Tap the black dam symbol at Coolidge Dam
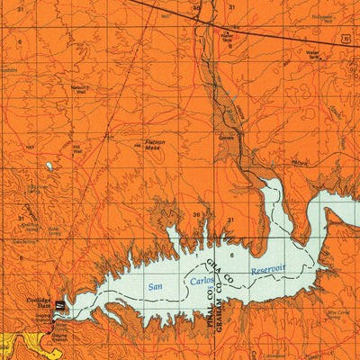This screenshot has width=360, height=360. coord(58,306)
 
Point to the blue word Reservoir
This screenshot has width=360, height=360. coord(267,268)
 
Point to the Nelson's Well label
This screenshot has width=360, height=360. coord(80,89)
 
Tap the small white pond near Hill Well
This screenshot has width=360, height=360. coord(48,166)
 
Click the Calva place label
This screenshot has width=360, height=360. coord(227,138)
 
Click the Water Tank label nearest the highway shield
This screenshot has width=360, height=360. coord(313,53)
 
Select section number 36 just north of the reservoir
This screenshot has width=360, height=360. coord(196,214)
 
